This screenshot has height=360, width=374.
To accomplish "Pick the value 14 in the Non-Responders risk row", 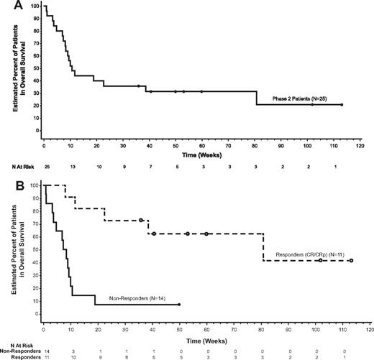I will point(44,348).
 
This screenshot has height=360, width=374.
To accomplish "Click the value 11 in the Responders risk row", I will point(44,355).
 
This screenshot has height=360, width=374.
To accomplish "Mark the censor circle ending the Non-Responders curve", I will point(179,305).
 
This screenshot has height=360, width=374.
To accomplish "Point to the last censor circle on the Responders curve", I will point(351,260).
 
